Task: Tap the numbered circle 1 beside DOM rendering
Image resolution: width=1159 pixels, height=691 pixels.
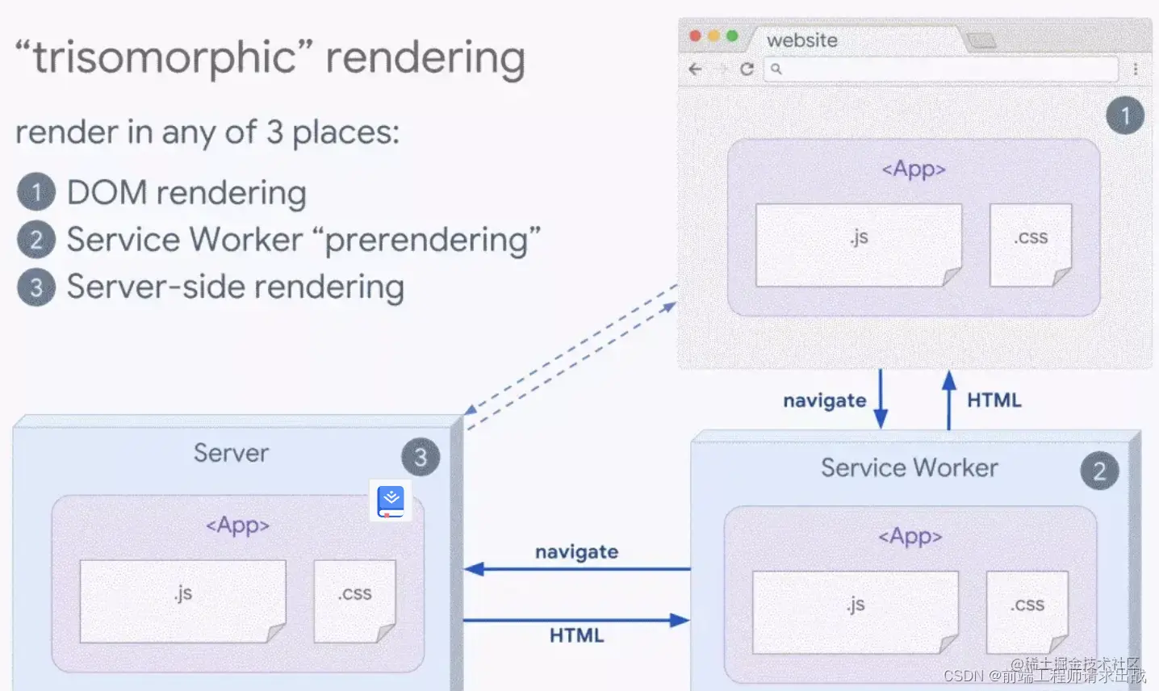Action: [36, 192]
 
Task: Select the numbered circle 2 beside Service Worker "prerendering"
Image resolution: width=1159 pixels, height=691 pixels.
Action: [36, 240]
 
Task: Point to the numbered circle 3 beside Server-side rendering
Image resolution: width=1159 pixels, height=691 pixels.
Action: [36, 287]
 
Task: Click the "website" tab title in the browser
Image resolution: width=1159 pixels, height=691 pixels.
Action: [801, 40]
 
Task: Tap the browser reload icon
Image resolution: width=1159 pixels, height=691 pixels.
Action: [747, 69]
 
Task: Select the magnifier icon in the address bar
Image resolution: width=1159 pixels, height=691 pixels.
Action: [776, 69]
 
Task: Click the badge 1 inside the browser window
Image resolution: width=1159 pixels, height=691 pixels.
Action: [1124, 115]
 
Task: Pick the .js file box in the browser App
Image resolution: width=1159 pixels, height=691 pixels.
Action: [858, 245]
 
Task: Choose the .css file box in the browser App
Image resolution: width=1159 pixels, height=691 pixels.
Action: [1031, 245]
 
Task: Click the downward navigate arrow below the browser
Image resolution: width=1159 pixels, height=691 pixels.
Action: [881, 399]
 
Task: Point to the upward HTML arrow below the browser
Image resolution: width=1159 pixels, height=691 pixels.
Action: [949, 399]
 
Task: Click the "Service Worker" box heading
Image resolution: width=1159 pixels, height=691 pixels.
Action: [909, 467]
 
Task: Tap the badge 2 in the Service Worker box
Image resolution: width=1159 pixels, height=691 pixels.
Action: [1099, 471]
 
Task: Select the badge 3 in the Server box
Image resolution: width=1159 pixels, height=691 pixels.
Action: [421, 458]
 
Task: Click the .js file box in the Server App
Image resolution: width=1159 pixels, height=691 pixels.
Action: [182, 601]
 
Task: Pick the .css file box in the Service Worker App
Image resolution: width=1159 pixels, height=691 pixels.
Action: [1027, 612]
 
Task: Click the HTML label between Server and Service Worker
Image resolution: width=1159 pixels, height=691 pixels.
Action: [576, 635]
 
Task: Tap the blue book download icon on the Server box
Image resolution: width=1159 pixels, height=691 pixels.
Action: [391, 501]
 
